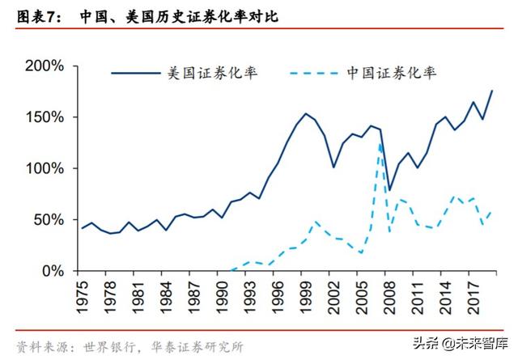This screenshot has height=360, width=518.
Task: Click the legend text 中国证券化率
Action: [x=393, y=72]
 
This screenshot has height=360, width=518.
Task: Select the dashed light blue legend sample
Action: [x=316, y=73]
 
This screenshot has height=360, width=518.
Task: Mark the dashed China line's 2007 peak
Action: [x=380, y=146]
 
